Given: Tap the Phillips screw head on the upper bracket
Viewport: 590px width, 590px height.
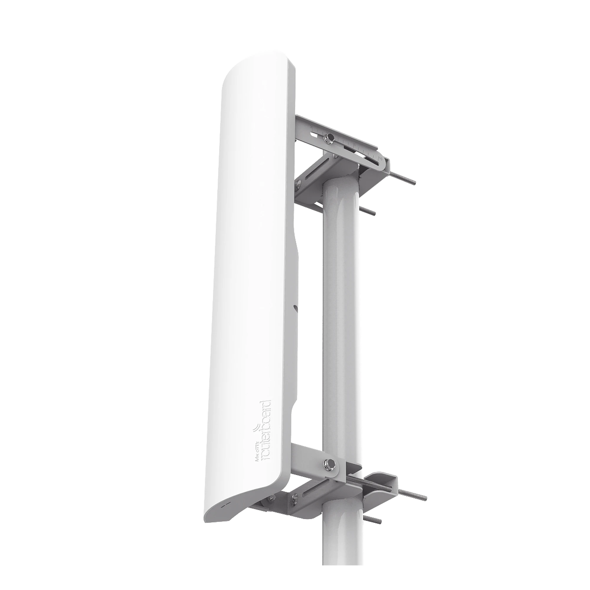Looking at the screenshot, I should (299, 183).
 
